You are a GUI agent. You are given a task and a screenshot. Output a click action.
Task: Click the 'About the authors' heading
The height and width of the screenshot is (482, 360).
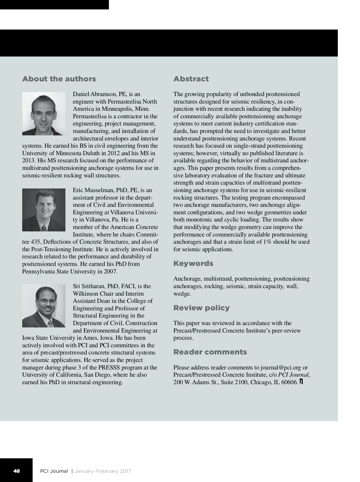[x=59, y=79]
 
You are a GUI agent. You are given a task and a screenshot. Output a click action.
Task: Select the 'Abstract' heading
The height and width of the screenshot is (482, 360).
[x=191, y=79]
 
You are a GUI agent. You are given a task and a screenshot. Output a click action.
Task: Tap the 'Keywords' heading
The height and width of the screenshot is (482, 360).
[x=193, y=264]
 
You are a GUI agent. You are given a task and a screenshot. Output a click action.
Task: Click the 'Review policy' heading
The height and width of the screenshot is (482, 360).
[x=201, y=308]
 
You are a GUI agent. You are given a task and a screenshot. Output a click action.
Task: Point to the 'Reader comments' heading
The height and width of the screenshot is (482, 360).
[x=210, y=352]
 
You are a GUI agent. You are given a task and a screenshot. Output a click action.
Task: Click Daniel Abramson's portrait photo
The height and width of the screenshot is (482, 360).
[x=44, y=113]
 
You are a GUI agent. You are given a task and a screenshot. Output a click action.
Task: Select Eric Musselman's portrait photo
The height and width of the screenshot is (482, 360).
[x=44, y=210]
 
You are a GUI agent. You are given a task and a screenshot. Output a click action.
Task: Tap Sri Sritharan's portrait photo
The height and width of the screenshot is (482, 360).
[x=44, y=306]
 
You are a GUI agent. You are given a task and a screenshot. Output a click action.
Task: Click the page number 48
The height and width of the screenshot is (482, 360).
[x=16, y=471]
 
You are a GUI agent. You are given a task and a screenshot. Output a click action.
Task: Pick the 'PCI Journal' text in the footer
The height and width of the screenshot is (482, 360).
[x=54, y=471]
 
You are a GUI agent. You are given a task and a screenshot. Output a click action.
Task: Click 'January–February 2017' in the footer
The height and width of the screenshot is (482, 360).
[x=102, y=471]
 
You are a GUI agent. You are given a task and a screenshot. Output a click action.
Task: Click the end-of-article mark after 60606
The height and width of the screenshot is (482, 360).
[x=301, y=382]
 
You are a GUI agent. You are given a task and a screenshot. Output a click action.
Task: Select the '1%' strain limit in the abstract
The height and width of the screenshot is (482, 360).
[x=267, y=242]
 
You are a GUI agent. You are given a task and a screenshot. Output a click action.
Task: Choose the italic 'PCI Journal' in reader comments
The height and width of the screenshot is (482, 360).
[x=293, y=375]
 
